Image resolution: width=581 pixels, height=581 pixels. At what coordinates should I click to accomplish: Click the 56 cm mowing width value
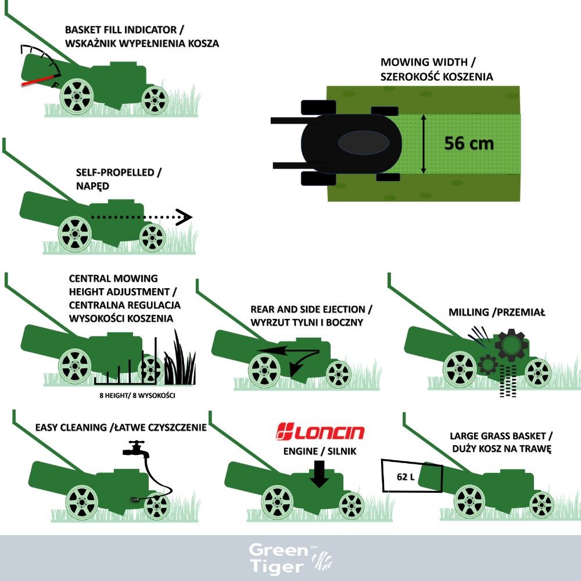(x=469, y=144)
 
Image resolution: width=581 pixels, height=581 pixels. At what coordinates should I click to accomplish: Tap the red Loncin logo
(x=320, y=432)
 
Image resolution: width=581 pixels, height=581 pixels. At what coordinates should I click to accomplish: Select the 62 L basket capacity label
(x=406, y=476)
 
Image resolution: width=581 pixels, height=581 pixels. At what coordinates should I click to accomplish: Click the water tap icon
(x=136, y=449)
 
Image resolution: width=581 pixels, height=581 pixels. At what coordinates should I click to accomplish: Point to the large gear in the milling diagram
(x=511, y=345)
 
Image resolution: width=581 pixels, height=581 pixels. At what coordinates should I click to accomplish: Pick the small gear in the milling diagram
(x=487, y=364)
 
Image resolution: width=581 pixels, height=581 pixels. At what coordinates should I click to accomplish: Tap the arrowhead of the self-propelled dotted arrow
(x=184, y=217)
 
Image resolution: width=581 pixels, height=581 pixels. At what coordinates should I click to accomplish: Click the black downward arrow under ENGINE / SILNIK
(x=319, y=474)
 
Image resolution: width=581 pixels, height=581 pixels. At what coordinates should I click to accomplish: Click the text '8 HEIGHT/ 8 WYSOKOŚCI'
(x=137, y=395)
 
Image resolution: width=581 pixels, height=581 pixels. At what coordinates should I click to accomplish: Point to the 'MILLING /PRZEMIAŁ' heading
(x=497, y=313)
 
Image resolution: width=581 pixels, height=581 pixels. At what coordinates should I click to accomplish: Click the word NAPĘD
(x=92, y=186)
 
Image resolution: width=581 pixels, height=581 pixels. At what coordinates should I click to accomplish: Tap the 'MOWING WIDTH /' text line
(x=428, y=62)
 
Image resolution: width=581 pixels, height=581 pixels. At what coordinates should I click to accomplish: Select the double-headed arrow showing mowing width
(x=424, y=144)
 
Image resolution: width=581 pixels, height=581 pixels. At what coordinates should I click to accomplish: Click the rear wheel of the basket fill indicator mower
(x=77, y=96)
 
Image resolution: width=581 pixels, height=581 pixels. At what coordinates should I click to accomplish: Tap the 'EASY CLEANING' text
(x=71, y=427)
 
